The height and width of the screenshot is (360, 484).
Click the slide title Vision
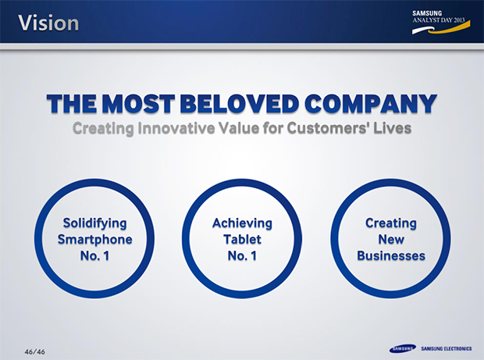48,23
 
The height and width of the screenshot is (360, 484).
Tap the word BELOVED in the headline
240,103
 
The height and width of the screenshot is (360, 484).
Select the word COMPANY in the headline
371,103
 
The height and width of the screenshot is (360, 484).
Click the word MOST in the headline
138,103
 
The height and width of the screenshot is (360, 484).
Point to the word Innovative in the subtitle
176,128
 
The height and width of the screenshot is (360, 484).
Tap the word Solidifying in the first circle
94,223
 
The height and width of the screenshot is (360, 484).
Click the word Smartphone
94,240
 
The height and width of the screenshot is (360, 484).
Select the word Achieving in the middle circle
242,223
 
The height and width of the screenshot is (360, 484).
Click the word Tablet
242,239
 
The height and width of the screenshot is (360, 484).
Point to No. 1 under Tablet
242,255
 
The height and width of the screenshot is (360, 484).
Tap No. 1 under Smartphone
94,255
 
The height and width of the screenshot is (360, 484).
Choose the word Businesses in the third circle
391,255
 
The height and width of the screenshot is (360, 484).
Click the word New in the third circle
391,239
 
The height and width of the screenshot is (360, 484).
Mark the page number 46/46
34,351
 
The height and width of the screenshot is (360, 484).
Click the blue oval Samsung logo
403,348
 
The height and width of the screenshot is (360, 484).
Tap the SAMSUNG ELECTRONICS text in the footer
447,348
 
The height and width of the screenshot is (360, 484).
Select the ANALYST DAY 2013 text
438,20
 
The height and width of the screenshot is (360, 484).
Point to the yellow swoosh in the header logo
454,28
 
